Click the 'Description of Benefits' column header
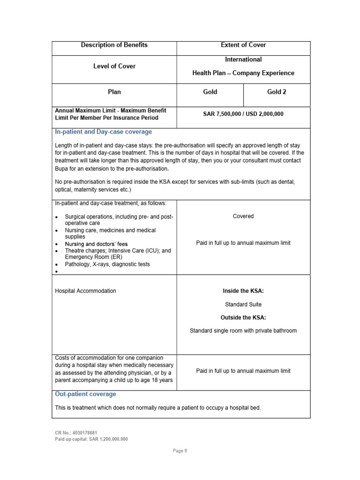tap(114, 45)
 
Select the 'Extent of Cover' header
tap(243, 45)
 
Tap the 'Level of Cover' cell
tap(114, 66)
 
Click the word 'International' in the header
tap(243, 60)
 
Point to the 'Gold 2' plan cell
tap(277, 92)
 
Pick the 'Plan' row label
tap(114, 92)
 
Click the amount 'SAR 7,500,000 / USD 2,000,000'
tap(243, 114)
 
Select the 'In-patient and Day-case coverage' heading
tap(103, 132)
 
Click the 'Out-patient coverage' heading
tap(85, 394)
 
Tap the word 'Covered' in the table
tap(243, 216)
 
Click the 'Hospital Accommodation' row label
tap(85, 291)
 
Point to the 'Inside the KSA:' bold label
tap(243, 291)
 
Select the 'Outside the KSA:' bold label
tap(243, 317)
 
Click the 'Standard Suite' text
tap(243, 304)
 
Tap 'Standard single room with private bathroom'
tap(243, 330)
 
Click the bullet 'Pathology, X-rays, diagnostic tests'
tap(107, 264)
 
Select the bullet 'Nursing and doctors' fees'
tap(96, 244)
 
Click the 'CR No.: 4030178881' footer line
tap(76, 433)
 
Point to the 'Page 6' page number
tap(180, 451)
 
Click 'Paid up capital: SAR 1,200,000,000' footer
tap(91, 439)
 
